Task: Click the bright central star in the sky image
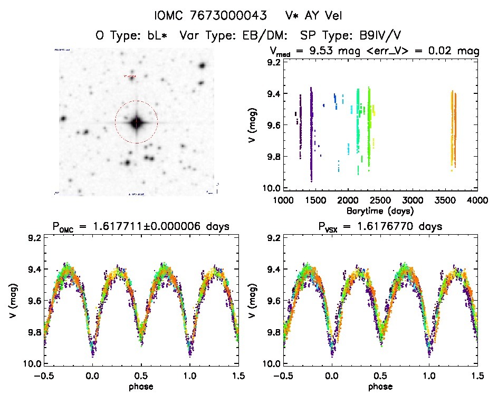pos(137,122)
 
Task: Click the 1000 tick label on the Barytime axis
pos(283,201)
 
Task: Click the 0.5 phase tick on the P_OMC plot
pos(141,376)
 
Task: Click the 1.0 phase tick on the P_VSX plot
pos(429,376)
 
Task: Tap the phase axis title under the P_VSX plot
pos(380,386)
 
